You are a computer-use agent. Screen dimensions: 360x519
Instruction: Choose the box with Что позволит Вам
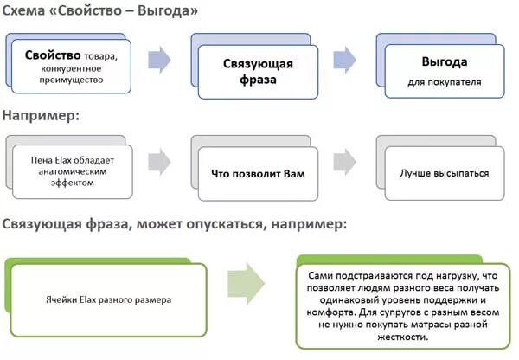258,173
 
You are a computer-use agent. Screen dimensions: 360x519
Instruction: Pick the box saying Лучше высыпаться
443,173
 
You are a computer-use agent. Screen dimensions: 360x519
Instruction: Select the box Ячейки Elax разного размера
108,299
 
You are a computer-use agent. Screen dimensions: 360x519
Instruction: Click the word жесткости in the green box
403,338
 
